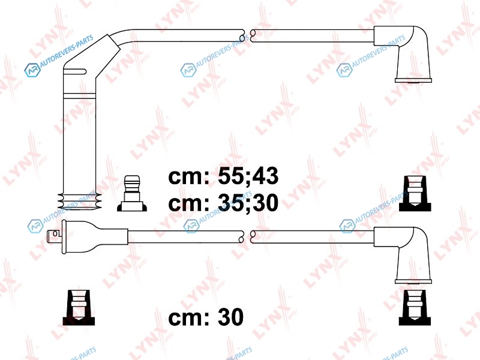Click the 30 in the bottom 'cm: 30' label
[230, 317]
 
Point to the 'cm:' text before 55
[189, 177]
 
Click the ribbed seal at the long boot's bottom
[79, 202]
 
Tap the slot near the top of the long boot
[75, 71]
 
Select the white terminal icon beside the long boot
[132, 193]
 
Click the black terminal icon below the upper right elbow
[415, 193]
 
